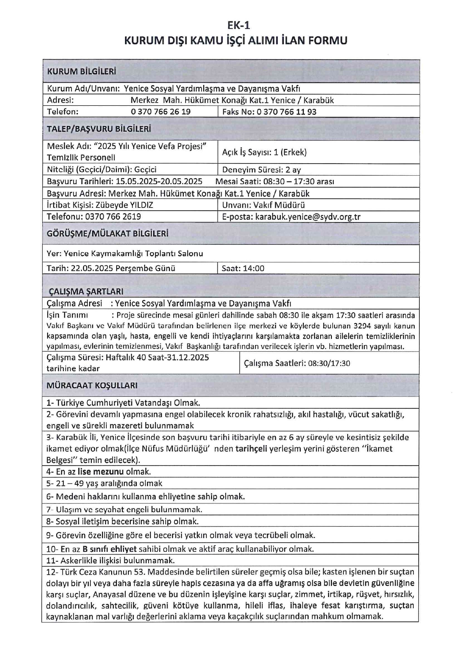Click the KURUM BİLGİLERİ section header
click(81, 71)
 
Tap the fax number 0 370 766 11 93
click(286, 112)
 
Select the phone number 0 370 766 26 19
click(161, 112)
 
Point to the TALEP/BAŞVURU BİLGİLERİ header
click(99, 129)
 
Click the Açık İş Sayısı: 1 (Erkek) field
click(264, 152)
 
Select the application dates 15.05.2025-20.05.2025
click(159, 181)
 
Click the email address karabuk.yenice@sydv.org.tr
click(308, 217)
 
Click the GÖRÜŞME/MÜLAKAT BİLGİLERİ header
click(107, 234)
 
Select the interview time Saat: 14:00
click(243, 268)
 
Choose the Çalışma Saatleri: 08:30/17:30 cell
click(297, 363)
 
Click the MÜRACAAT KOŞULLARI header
click(92, 385)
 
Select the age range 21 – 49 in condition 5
click(70, 483)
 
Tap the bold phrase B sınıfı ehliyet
click(109, 549)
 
